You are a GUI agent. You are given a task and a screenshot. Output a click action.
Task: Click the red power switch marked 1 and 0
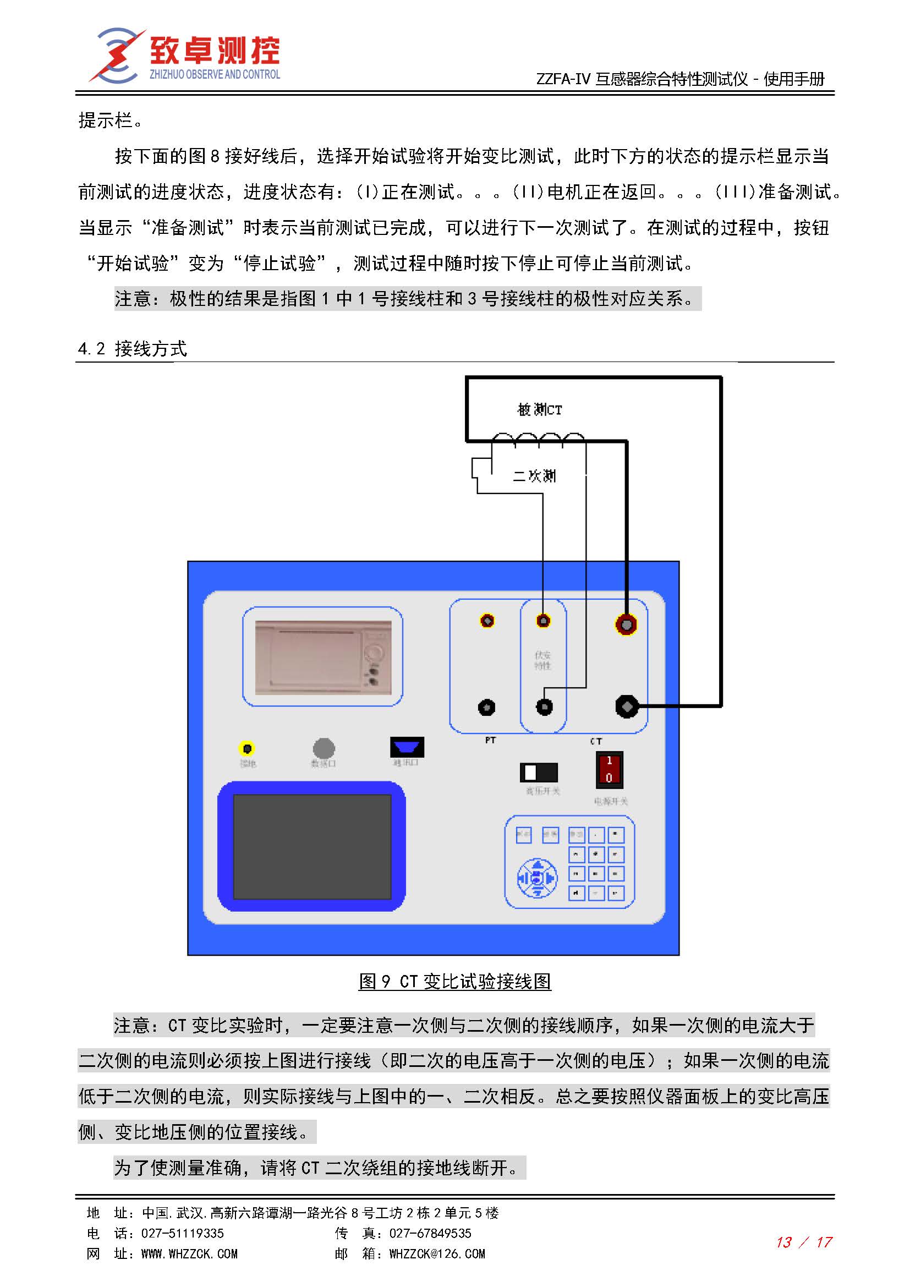[x=609, y=769]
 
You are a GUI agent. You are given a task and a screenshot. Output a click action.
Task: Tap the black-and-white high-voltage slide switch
[x=539, y=773]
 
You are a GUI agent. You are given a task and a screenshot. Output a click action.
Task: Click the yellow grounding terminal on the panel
[x=246, y=748]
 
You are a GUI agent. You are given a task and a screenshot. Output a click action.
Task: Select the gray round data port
[x=324, y=748]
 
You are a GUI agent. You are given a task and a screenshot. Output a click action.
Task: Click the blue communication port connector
[x=407, y=747]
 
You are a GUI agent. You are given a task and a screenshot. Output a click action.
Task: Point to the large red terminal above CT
[x=627, y=624]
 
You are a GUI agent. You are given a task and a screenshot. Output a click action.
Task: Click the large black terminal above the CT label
[x=627, y=707]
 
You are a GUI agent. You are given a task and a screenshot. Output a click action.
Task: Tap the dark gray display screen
[x=312, y=846]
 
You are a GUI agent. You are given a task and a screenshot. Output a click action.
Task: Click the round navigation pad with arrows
[x=536, y=878]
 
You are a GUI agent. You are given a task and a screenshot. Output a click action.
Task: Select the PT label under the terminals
[x=490, y=741]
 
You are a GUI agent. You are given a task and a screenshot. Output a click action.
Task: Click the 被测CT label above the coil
[x=539, y=410]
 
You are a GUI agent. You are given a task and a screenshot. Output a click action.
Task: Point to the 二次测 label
[x=535, y=476]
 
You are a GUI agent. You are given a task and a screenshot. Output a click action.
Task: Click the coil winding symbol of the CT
[x=538, y=439]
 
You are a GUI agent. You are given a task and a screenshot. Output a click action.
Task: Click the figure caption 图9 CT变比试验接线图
[x=454, y=981]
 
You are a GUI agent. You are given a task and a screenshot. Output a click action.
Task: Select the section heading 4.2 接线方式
[x=132, y=349]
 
